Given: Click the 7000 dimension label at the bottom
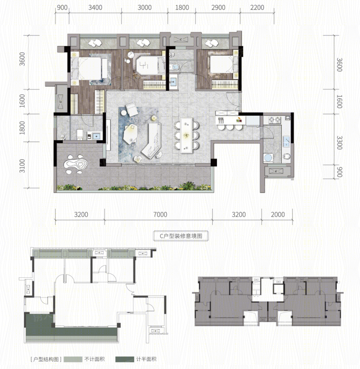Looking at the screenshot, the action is click(160, 214).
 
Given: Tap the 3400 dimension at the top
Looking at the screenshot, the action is click(95, 7).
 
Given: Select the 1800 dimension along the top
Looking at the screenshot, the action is click(182, 7).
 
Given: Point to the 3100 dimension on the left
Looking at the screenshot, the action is click(22, 165).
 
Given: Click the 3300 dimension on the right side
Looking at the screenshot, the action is click(339, 143).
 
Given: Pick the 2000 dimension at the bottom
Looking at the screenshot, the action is click(278, 214).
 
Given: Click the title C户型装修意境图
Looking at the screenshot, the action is click(181, 236).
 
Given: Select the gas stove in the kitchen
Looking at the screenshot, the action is click(275, 120).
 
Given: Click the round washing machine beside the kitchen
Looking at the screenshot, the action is click(268, 158).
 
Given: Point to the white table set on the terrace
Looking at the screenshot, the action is click(76, 164).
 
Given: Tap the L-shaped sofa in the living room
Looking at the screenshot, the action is click(152, 140).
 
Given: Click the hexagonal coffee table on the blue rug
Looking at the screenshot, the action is click(131, 134).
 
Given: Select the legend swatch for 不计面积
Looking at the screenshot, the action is click(73, 359).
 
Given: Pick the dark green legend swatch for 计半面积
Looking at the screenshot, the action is click(125, 359).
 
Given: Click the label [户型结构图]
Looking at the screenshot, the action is click(46, 359).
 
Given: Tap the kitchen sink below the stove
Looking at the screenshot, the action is click(286, 141).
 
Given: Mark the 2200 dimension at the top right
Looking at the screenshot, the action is click(257, 7).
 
